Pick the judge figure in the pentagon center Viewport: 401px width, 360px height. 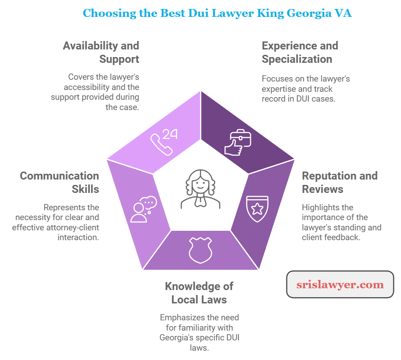200,189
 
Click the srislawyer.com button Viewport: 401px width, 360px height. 340,284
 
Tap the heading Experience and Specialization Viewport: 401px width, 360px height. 300,52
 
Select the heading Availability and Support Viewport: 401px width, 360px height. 101,52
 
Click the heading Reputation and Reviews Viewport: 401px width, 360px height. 340,182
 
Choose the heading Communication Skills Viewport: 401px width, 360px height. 60,182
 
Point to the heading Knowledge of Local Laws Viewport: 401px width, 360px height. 199,293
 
